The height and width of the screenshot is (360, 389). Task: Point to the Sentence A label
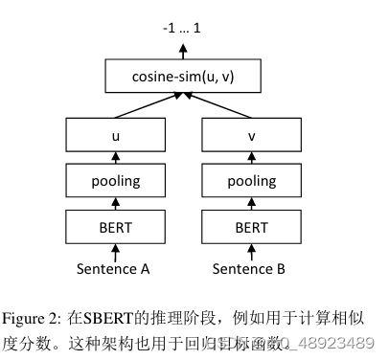pyautogui.click(x=114, y=269)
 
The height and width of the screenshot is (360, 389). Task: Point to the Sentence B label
pyautogui.click(x=248, y=269)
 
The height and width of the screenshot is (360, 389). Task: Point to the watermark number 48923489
pyautogui.click(x=340, y=342)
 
